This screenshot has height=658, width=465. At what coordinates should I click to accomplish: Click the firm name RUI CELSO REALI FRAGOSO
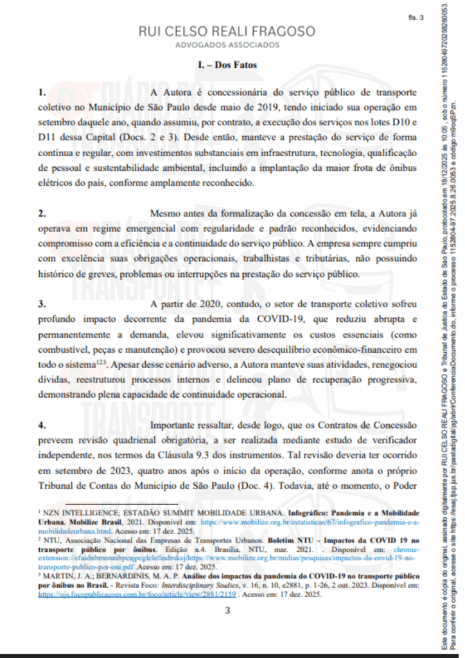[x=227, y=31]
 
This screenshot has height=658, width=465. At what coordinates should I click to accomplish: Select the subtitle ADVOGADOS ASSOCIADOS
[x=227, y=45]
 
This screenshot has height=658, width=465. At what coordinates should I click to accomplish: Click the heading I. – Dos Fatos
[x=227, y=66]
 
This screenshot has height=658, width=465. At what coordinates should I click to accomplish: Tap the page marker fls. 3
[x=416, y=17]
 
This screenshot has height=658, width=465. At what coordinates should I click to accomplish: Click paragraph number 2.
[x=42, y=213]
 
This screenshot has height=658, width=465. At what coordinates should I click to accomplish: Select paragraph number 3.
[x=42, y=303]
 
